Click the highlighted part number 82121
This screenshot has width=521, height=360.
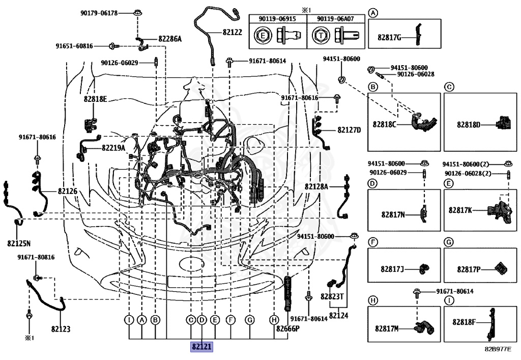[201, 347]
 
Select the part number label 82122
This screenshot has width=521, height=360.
[232, 32]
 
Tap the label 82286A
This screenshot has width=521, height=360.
[169, 38]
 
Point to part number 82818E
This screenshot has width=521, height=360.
[96, 99]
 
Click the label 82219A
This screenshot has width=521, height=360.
[113, 148]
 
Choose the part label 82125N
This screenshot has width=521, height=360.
[19, 243]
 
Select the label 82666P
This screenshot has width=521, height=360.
[288, 328]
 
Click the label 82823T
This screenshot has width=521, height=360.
[332, 296]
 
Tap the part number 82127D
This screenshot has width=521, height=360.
[349, 130]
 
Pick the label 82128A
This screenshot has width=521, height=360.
[317, 186]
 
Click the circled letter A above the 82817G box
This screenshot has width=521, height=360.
[373, 13]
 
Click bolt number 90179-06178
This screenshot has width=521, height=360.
[99, 13]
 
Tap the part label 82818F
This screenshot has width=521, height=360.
[466, 322]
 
